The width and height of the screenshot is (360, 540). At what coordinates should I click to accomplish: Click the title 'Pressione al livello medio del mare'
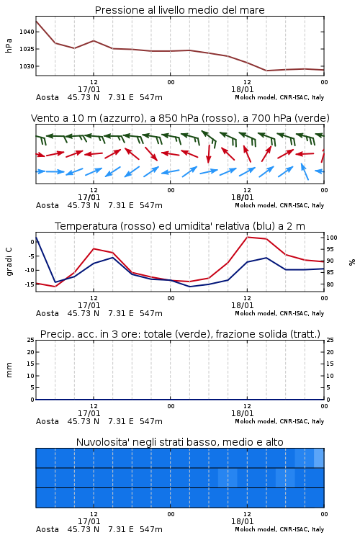point(179,10)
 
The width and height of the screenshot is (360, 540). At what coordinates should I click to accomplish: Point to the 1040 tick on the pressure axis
point(27,32)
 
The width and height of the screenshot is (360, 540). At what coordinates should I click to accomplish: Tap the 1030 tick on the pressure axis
point(27,66)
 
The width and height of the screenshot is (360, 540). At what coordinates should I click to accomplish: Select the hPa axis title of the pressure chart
point(9,45)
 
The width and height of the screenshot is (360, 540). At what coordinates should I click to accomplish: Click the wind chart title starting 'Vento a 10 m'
point(180,118)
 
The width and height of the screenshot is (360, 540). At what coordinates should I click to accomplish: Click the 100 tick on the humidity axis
point(332,238)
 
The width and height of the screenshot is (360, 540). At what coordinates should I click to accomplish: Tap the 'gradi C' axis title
point(9,261)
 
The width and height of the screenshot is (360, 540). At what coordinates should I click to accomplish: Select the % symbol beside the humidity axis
point(352,262)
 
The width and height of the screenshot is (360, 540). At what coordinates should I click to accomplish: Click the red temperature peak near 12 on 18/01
point(247,237)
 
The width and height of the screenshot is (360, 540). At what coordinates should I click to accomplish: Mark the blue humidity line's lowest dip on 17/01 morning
point(55,282)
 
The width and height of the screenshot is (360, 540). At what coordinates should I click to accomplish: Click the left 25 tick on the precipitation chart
point(31,340)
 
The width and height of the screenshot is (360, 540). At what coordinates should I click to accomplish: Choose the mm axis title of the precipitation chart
point(9,370)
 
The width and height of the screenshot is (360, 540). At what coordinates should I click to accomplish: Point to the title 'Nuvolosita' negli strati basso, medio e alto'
point(179,442)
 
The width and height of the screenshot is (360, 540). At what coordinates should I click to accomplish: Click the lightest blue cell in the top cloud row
point(319,458)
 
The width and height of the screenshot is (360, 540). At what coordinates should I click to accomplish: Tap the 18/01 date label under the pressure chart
point(242,89)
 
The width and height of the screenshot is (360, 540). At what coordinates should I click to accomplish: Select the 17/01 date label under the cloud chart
point(89,521)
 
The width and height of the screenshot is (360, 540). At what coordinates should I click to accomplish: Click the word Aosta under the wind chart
point(48,205)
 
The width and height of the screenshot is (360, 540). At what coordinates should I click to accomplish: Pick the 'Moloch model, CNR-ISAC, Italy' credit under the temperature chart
point(279,313)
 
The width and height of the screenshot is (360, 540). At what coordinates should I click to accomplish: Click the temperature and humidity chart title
point(180,226)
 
